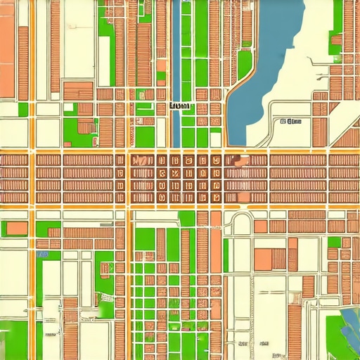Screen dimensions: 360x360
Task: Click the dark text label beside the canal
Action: click(x=181, y=106)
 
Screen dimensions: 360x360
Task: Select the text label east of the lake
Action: click(x=290, y=121)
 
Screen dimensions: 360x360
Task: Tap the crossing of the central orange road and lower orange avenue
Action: click(x=129, y=206)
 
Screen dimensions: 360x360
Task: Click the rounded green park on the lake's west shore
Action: click(x=244, y=65)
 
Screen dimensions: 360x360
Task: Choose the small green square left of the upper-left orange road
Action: click(x=23, y=109)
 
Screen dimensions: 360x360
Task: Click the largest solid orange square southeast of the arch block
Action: click(x=265, y=258)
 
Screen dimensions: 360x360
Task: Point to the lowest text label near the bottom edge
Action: click(x=277, y=355)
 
